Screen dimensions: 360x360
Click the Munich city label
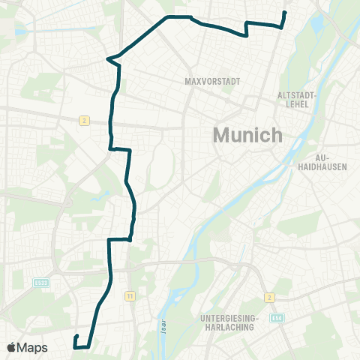pyautogui.click(x=247, y=136)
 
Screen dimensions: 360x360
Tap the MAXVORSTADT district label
pyautogui.click(x=205, y=80)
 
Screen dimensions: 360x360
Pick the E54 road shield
pyautogui.click(x=278, y=319)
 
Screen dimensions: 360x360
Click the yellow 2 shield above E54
pyautogui.click(x=269, y=296)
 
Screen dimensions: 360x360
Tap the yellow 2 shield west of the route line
pyautogui.click(x=85, y=120)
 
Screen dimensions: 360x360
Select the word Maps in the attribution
pyautogui.click(x=33, y=347)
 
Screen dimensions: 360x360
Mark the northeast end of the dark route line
pyautogui.click(x=286, y=13)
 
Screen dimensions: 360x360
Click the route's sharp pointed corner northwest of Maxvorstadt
pyautogui.click(x=109, y=58)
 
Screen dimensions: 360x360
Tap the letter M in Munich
pyautogui.click(x=223, y=136)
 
